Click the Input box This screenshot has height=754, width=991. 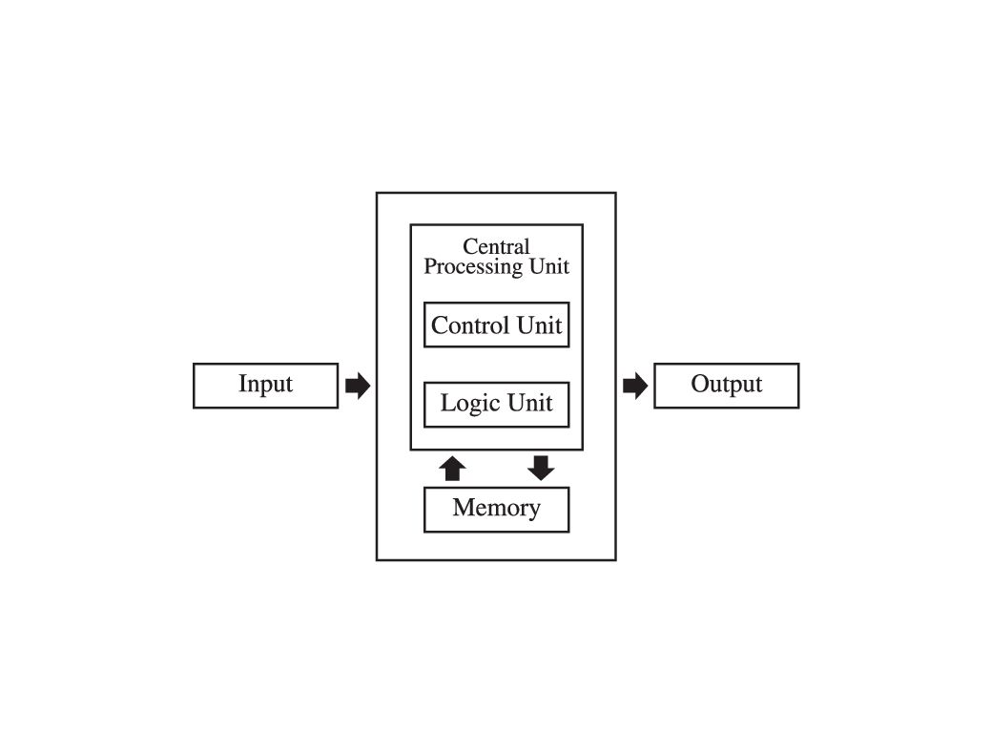tap(265, 386)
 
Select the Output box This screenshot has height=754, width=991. tap(726, 386)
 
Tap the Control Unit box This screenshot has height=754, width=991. tap(496, 325)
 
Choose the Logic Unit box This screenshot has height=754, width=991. tap(496, 405)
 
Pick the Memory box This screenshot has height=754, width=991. tap(496, 509)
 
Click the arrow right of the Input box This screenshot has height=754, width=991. tap(357, 386)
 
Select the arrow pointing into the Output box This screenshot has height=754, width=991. tap(634, 386)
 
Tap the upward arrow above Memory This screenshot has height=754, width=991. tap(453, 468)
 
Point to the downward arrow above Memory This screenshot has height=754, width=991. tap(541, 468)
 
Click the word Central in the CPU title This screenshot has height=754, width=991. tap(496, 247)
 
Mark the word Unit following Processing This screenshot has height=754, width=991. tap(550, 266)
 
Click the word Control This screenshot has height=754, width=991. tap(470, 325)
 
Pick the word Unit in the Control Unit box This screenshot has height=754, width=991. tap(540, 325)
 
